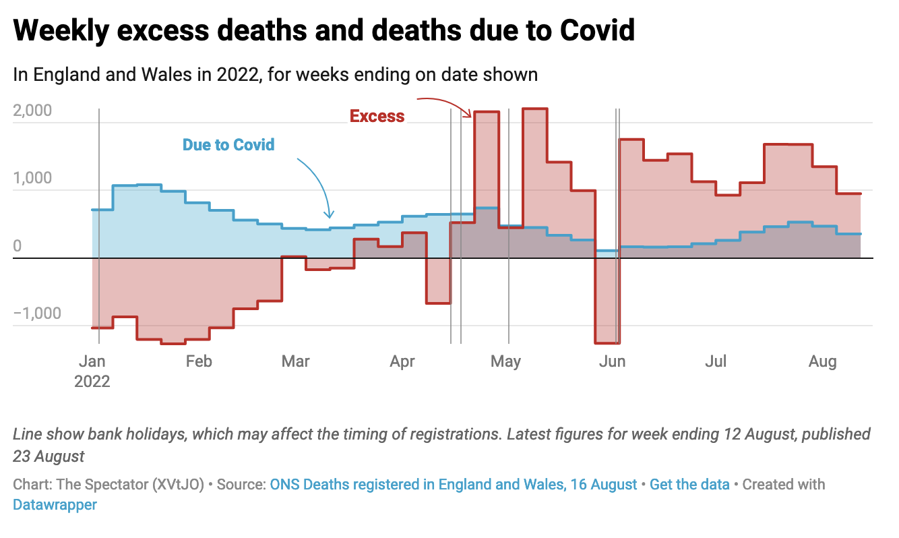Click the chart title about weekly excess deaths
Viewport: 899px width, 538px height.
click(323, 30)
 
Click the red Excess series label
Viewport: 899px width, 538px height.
click(377, 117)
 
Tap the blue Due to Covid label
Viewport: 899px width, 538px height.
click(228, 144)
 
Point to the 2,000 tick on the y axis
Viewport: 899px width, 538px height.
click(32, 111)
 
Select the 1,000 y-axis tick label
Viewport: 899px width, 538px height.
click(32, 179)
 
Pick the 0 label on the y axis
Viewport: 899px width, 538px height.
click(18, 246)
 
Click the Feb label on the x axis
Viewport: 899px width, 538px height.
click(199, 361)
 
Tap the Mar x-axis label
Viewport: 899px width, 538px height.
click(295, 361)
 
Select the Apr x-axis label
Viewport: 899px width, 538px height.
click(402, 361)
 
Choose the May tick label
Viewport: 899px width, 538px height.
click(505, 361)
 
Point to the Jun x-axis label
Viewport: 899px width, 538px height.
click(612, 361)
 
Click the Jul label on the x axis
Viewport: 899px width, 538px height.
click(716, 361)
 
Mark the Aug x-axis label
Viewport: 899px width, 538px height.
click(822, 361)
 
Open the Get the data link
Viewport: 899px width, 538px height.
click(689, 484)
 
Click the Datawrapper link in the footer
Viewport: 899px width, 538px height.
click(55, 504)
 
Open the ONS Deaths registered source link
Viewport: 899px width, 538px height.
click(454, 484)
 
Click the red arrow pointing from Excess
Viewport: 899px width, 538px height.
click(445, 104)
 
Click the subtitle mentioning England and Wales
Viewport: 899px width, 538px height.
click(275, 74)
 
